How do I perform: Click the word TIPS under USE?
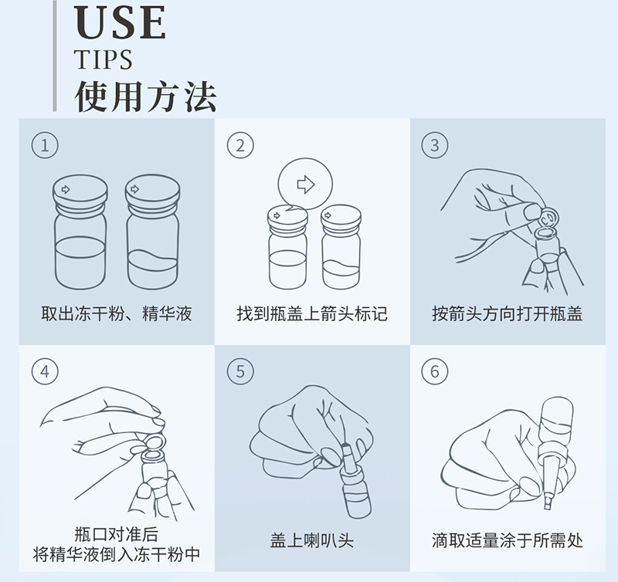104,59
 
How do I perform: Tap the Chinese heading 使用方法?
145,96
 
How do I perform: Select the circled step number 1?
45,145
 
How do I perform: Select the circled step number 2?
240,145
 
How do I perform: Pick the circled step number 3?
435,145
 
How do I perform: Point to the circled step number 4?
45,372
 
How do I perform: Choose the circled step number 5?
240,372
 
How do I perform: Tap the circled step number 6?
435,372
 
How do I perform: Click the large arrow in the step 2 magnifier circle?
305,184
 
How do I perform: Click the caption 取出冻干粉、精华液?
117,314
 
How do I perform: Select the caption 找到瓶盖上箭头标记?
312,314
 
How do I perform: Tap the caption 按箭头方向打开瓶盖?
507,314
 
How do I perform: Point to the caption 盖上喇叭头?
312,540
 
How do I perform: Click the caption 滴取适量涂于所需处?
507,540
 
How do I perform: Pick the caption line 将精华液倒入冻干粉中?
117,554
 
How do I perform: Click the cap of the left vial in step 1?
80,193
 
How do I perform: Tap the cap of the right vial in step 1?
152,193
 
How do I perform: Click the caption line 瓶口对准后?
117,534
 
